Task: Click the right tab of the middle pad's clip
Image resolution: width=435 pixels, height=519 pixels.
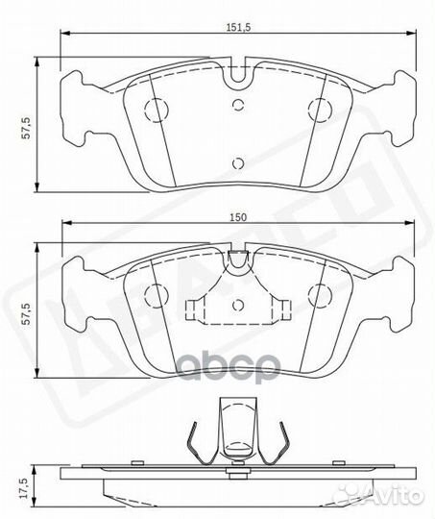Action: [x=282, y=309]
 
